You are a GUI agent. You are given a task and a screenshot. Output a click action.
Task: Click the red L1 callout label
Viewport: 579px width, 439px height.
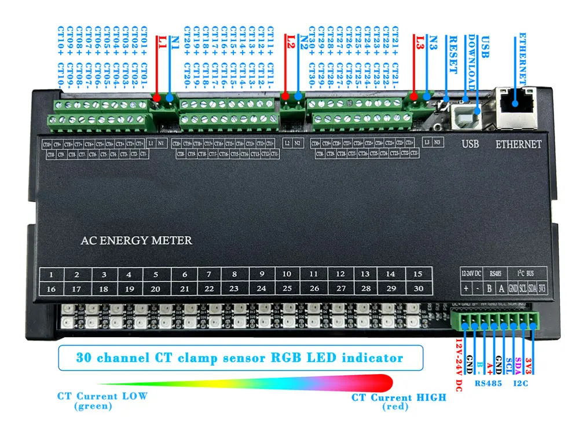click(162, 42)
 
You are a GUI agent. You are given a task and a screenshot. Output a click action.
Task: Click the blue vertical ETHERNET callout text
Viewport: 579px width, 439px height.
click(522, 58)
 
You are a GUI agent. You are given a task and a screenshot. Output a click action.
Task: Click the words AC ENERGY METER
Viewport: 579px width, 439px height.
click(136, 240)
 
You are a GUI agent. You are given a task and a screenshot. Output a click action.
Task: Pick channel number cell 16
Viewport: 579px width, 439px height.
click(52, 289)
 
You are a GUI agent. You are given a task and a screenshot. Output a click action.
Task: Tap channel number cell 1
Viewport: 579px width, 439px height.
click(52, 274)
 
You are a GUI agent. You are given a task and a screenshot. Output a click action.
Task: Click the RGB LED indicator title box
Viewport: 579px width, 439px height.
click(240, 357)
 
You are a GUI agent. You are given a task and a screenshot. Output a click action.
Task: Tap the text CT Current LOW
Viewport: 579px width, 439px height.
click(102, 396)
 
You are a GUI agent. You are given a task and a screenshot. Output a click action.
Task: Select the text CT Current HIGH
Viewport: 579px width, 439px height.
click(399, 397)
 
